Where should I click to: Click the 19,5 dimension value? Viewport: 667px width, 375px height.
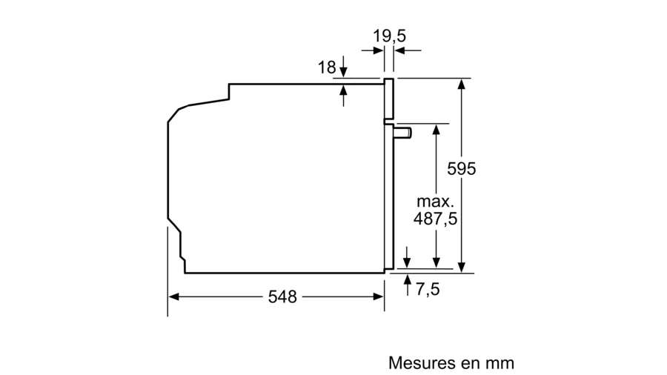(x=389, y=36)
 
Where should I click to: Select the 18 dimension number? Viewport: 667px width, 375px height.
(x=327, y=67)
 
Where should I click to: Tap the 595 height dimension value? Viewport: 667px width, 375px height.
(x=462, y=169)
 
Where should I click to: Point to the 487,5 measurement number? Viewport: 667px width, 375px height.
(x=435, y=219)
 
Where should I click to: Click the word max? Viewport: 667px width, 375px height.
(x=436, y=201)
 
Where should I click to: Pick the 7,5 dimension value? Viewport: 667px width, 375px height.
(x=428, y=289)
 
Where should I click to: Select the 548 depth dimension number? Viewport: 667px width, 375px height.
(x=282, y=296)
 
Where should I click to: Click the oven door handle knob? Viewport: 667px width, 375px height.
(x=402, y=133)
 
